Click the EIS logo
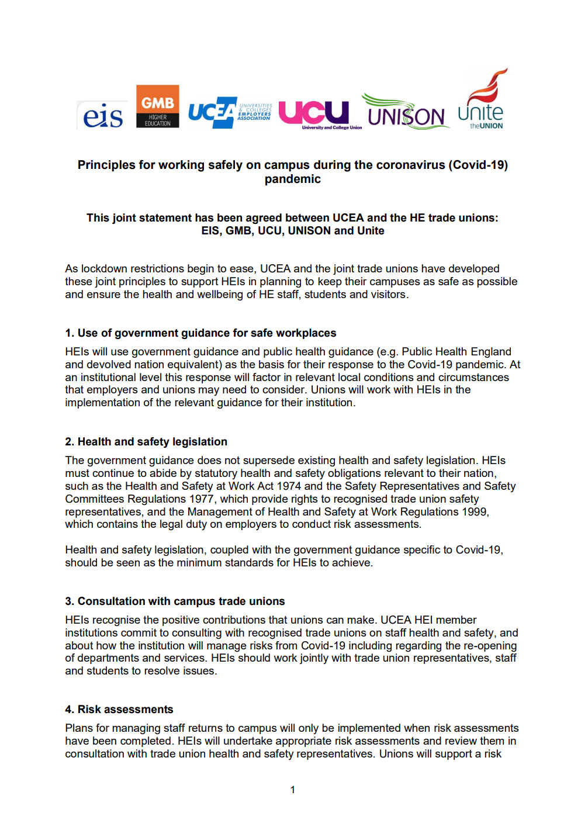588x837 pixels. (103, 115)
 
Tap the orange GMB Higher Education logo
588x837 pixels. (157, 106)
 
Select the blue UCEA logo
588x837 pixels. (230, 111)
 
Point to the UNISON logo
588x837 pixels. (406, 112)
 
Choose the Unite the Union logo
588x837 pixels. (483, 99)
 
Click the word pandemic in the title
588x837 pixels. (292, 179)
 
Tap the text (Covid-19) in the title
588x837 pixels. (478, 165)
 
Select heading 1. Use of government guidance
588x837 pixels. (200, 333)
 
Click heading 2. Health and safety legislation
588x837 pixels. (146, 442)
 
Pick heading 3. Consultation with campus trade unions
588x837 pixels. (175, 601)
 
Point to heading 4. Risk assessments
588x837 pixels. (119, 710)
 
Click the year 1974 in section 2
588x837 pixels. (289, 486)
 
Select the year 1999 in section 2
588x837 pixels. (474, 512)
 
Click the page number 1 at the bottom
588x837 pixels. (293, 790)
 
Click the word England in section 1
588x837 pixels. (490, 352)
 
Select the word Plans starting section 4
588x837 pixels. (79, 728)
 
